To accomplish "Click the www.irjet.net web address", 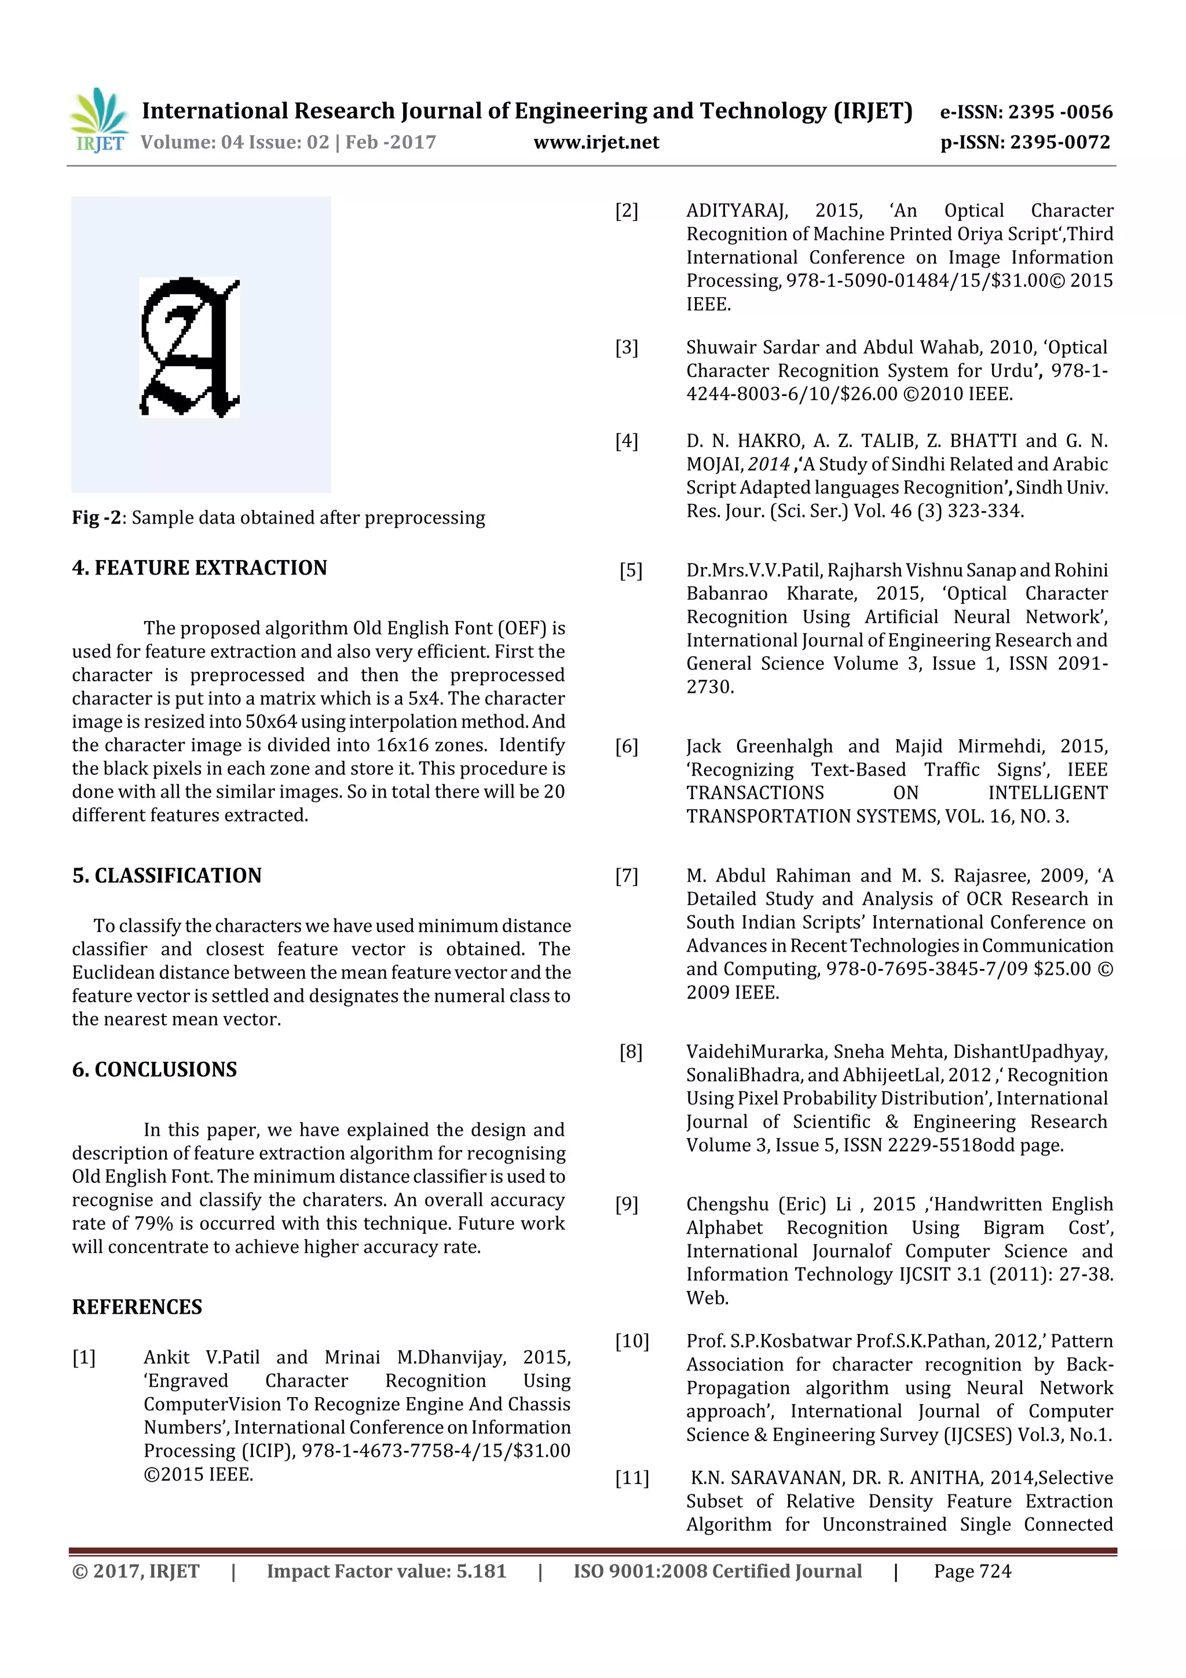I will point(596,142).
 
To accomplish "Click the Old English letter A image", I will point(190,347).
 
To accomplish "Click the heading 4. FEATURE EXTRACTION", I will point(199,568).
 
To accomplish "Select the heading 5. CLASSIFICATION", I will point(167,876).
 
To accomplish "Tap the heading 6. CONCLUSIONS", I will point(154,1069).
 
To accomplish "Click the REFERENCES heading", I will point(137,1307).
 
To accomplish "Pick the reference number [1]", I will point(83,1357).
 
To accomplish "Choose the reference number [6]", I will point(626,746).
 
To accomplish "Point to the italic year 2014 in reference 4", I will point(768,464).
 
